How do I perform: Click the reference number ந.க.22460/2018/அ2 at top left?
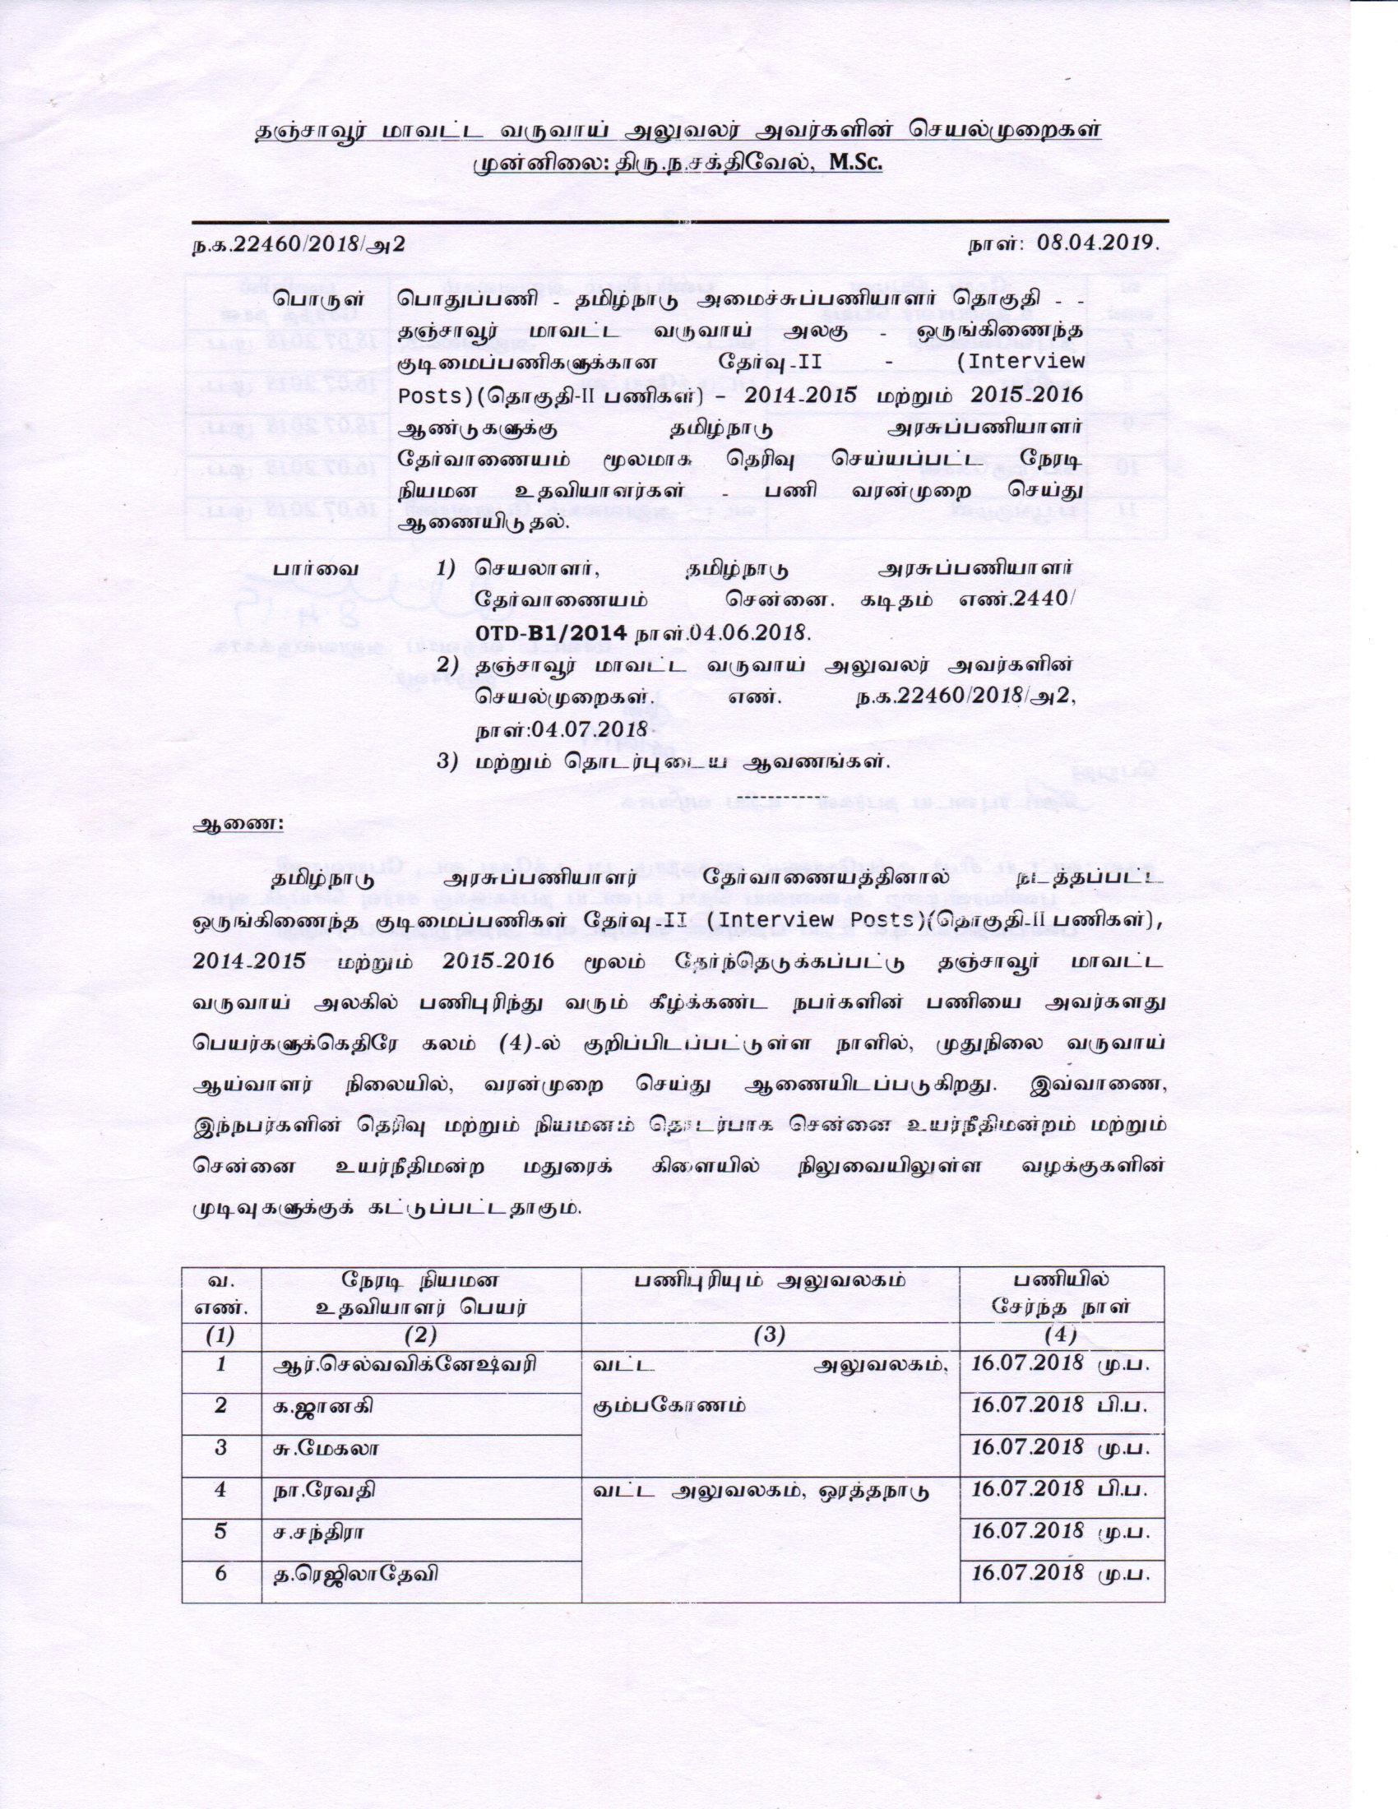pos(299,243)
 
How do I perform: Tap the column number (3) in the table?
pos(771,1335)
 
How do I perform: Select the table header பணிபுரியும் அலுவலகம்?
pos(771,1280)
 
